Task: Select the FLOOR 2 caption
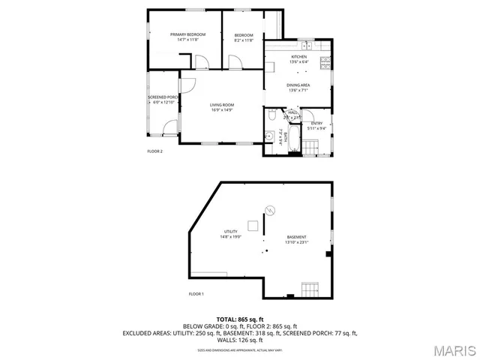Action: coord(154,151)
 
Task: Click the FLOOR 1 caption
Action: coord(196,293)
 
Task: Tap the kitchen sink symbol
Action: coord(307,46)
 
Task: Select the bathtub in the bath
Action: coord(293,138)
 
